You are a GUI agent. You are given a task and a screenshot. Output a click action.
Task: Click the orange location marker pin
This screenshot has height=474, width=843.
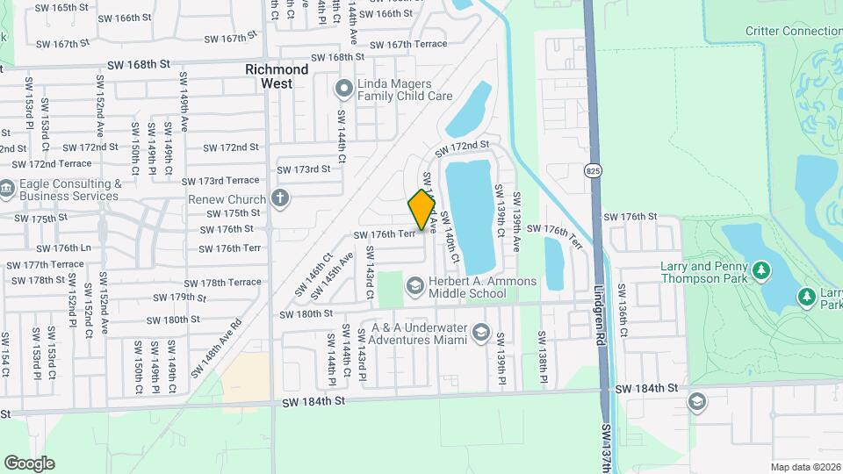[x=422, y=209]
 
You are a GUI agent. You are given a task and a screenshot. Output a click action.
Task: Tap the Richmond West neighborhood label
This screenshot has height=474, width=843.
[x=277, y=76]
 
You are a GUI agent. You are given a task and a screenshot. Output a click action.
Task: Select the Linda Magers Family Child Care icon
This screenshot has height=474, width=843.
[x=343, y=88]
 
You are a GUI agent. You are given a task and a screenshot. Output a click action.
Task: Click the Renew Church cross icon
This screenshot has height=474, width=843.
[x=280, y=198]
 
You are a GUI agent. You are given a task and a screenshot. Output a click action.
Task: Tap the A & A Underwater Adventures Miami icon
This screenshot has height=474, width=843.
[x=480, y=333]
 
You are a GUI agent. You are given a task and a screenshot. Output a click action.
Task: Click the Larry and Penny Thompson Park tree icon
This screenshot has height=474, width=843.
[x=761, y=269]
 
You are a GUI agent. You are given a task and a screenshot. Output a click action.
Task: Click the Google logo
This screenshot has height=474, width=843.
[x=29, y=463]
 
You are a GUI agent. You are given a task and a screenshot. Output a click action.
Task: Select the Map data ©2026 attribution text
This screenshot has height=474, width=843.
[x=806, y=467]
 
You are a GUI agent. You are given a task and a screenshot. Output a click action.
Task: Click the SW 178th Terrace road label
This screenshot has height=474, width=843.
[x=223, y=283]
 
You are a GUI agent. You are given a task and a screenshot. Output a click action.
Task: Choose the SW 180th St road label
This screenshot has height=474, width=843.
[x=306, y=313]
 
